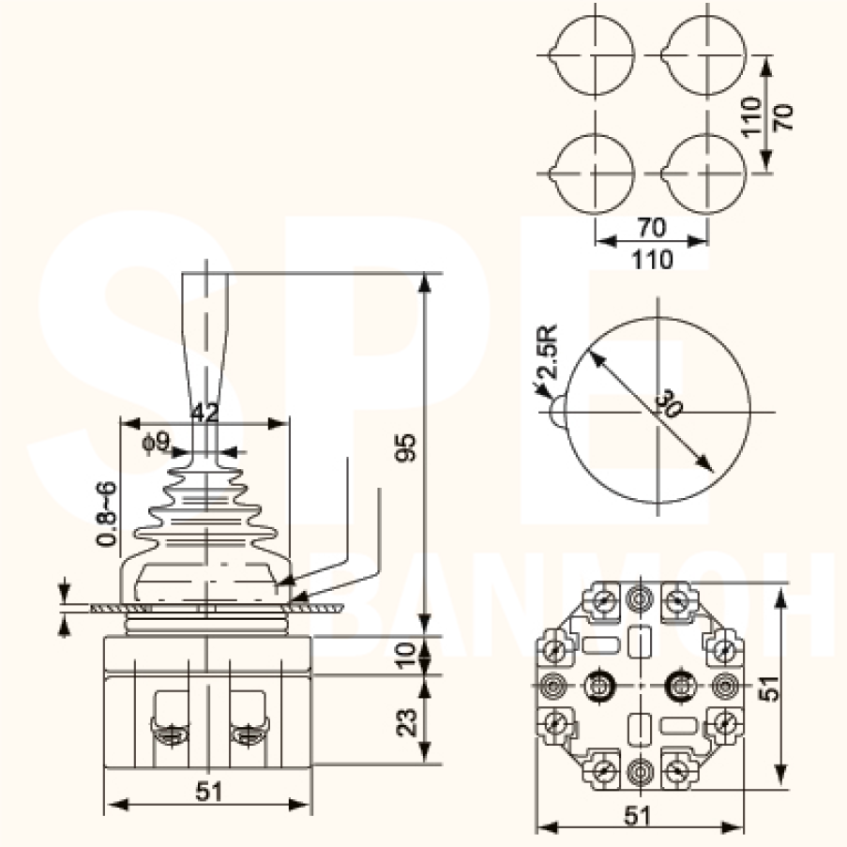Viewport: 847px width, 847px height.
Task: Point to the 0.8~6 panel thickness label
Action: pos(106,513)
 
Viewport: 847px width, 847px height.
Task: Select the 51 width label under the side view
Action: pos(210,792)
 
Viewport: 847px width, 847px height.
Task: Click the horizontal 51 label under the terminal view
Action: pos(637,815)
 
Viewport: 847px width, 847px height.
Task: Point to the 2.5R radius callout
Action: pos(548,351)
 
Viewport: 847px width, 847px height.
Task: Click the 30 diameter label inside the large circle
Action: pos(668,405)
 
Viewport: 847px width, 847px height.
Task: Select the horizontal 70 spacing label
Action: pos(651,227)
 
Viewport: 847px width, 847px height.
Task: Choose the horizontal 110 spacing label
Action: pos(651,259)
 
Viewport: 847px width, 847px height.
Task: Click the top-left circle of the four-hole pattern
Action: pos(594,54)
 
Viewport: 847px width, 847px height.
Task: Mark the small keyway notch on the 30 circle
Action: pos(554,413)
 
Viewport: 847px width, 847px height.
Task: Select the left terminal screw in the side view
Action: pos(168,733)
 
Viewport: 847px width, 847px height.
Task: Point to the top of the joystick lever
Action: pos(204,275)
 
